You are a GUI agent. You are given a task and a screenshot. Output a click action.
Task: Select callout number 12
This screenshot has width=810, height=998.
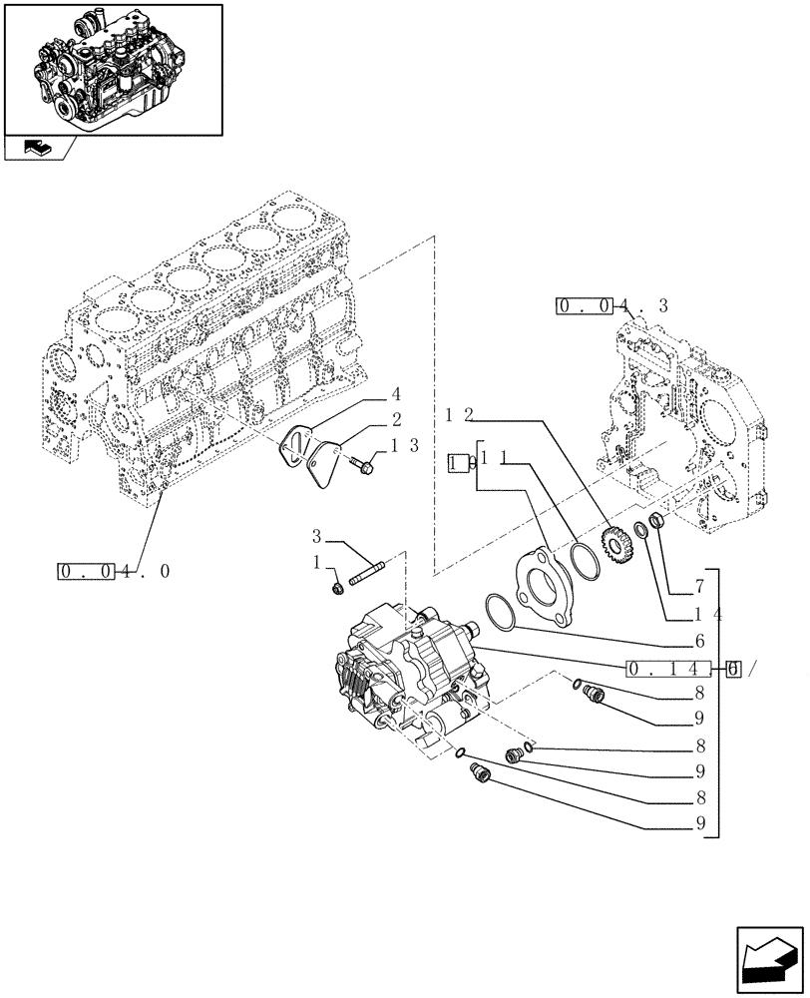tap(461, 412)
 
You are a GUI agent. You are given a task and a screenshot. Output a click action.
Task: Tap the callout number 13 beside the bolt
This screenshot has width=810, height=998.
tap(404, 446)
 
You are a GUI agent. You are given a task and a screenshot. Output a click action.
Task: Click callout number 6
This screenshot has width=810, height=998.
tap(700, 642)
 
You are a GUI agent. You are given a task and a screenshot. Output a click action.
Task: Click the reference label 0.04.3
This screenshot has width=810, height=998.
tap(610, 305)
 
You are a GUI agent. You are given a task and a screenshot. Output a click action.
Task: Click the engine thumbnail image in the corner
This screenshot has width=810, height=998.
tap(112, 68)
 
